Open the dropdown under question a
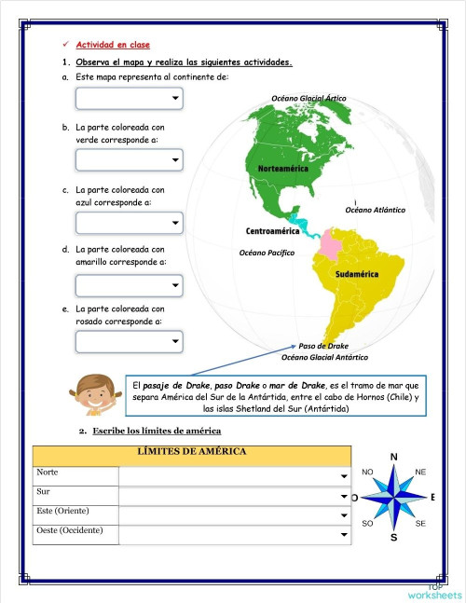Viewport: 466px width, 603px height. (x=129, y=99)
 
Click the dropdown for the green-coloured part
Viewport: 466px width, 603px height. (x=129, y=161)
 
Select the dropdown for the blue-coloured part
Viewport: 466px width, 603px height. (x=129, y=224)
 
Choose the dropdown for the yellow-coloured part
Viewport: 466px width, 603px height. (x=129, y=284)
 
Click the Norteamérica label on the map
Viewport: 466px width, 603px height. (x=283, y=168)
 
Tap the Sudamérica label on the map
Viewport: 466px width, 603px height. (x=356, y=275)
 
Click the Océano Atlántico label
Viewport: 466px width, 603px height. (x=375, y=210)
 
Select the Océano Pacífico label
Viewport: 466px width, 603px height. (x=267, y=253)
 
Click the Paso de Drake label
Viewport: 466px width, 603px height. (x=323, y=346)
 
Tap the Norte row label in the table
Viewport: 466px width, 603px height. (x=48, y=473)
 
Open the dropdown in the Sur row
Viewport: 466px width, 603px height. (x=233, y=495)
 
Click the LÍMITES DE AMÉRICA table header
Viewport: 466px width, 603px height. (x=192, y=452)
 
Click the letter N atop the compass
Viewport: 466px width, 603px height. (x=393, y=457)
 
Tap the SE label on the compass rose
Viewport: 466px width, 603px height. (x=420, y=524)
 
